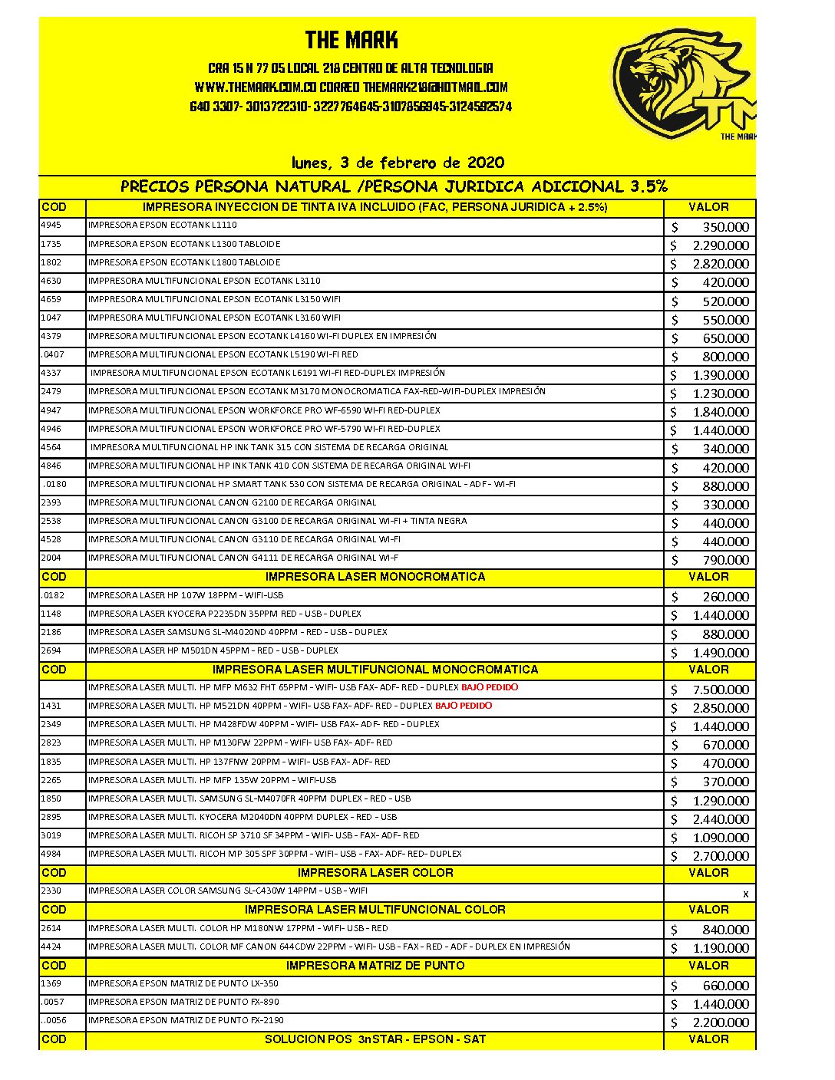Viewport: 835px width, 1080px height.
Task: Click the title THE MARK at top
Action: tap(351, 40)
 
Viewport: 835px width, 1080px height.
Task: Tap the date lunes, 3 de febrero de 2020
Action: tap(398, 163)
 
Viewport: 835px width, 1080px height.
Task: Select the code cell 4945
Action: tap(51, 226)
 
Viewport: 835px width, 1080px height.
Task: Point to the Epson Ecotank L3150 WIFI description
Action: tap(215, 299)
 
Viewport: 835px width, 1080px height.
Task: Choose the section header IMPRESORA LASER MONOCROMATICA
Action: tap(375, 577)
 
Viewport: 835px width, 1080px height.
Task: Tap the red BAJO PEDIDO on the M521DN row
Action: tap(464, 706)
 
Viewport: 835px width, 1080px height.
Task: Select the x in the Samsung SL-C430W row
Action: tap(745, 894)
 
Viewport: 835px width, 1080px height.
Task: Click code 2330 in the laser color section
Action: tap(51, 891)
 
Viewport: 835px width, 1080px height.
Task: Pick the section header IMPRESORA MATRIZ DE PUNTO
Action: tap(375, 966)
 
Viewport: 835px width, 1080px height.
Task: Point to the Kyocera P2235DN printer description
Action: tap(225, 614)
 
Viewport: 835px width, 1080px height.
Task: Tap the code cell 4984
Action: tap(51, 854)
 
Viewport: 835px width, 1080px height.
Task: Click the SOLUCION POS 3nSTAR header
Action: tap(375, 1039)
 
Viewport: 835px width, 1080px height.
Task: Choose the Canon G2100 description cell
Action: tap(233, 503)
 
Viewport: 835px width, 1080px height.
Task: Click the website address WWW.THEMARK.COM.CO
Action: tap(256, 87)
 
